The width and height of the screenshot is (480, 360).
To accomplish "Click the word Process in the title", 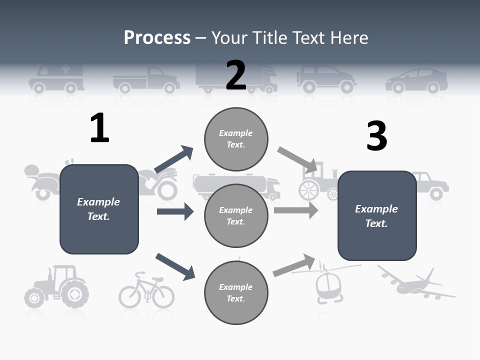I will click(x=157, y=37).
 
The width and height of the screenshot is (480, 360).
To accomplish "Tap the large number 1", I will click(x=99, y=128).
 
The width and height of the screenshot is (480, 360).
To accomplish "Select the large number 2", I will click(x=236, y=75).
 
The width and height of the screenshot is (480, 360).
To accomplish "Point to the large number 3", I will click(x=376, y=136).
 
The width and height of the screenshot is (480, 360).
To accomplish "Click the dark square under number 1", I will click(x=99, y=209).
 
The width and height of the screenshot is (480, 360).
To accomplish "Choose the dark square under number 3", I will click(x=377, y=215).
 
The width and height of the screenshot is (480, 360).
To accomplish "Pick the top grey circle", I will click(x=236, y=139).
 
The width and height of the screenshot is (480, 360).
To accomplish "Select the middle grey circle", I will click(x=236, y=215).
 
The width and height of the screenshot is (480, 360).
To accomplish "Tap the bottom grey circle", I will click(x=236, y=292).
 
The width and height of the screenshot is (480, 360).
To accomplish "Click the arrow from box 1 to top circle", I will click(x=173, y=160).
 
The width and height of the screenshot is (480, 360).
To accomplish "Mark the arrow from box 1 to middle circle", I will click(x=175, y=211).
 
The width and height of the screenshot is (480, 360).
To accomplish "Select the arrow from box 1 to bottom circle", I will click(x=175, y=266).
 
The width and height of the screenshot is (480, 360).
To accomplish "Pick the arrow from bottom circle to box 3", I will click(x=294, y=265).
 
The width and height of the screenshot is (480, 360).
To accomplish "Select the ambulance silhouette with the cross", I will click(x=56, y=78).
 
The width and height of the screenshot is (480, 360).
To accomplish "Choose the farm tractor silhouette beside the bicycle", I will click(x=56, y=287).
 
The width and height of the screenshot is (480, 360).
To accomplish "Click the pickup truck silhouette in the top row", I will click(x=146, y=79).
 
